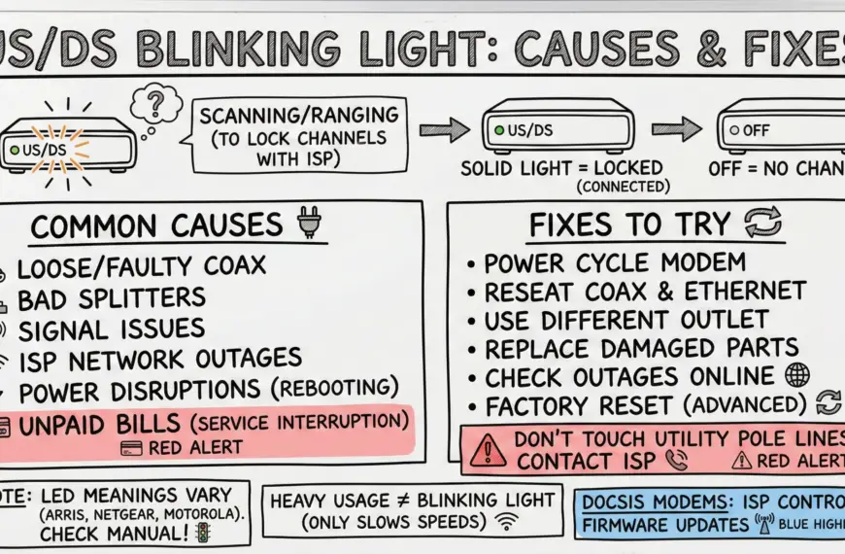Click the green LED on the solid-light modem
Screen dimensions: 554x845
point(499,128)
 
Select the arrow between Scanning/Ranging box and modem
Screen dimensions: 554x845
point(443,128)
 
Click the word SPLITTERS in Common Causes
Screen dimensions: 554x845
point(146,296)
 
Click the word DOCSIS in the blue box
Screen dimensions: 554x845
point(623,502)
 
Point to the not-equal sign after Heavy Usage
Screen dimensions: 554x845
point(417,501)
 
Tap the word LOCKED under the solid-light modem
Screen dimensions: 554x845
point(619,168)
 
